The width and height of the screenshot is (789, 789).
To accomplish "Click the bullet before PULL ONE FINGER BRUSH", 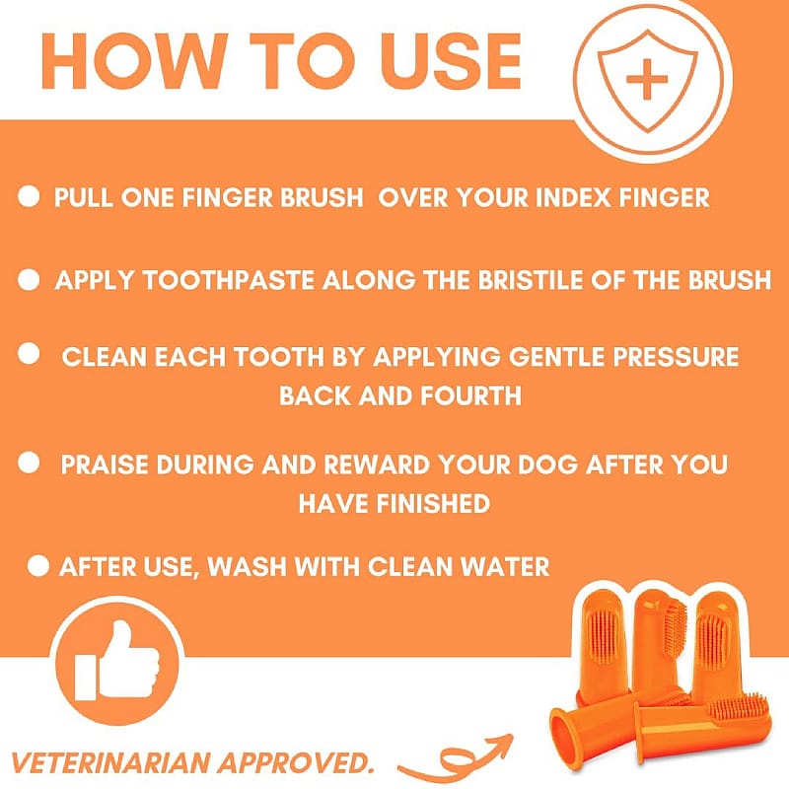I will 30,197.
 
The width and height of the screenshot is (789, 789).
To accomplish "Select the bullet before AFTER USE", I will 39,566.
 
